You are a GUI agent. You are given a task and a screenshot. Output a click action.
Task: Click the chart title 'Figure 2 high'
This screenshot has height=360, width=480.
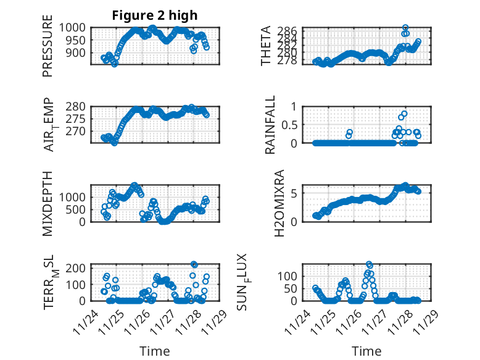(x=154, y=15)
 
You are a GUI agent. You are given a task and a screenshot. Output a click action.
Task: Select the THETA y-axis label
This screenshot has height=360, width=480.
(x=266, y=46)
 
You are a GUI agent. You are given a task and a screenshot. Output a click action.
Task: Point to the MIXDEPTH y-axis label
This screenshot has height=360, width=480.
(x=48, y=203)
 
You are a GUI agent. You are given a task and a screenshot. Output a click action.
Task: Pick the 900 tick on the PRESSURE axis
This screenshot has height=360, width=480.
(x=80, y=53)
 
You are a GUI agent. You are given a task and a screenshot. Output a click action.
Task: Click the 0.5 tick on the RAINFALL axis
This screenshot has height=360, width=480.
(x=290, y=125)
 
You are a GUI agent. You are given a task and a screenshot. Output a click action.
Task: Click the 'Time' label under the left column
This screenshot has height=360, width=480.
(x=154, y=351)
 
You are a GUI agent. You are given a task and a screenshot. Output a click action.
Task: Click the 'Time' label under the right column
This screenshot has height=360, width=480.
(x=366, y=351)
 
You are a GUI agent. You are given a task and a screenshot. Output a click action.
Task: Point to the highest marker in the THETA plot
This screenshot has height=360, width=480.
(x=405, y=28)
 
